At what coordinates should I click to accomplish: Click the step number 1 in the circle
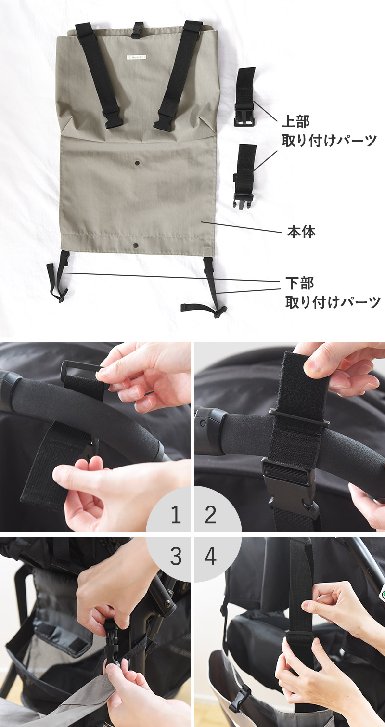click(176, 515)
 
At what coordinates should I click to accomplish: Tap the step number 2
click(210, 515)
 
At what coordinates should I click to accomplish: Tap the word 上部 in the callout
click(295, 121)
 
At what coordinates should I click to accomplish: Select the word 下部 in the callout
click(299, 283)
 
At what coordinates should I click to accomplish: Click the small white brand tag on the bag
click(136, 57)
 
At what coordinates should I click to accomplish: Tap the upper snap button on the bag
click(137, 162)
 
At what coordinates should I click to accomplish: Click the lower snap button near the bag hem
click(135, 246)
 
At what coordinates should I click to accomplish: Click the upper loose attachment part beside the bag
click(244, 97)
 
